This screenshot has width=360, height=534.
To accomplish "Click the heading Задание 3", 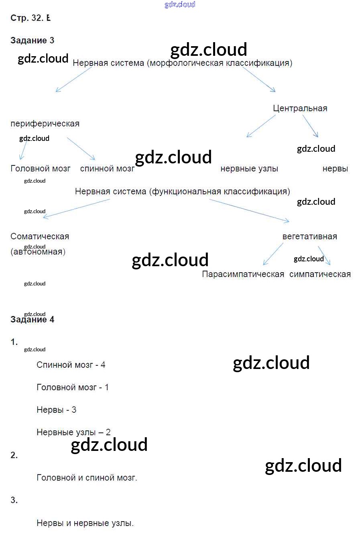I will click(32, 41).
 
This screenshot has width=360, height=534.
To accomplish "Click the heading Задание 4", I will click(32, 320).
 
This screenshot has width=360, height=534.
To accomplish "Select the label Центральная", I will click(300, 108).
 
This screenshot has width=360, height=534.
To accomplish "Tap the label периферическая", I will click(45, 124).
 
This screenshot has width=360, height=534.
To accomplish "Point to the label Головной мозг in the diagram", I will click(40, 169).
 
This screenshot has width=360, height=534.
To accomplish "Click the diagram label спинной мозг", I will click(107, 169).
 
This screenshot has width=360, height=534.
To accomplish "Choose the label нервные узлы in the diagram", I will click(249, 169).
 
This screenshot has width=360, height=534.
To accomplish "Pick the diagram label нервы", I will click(335, 169).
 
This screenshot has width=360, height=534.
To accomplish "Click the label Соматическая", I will click(40, 236).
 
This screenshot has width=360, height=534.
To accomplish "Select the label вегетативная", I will click(309, 236).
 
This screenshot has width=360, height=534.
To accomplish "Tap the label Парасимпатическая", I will click(243, 274).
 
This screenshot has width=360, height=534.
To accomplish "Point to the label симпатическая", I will click(320, 274).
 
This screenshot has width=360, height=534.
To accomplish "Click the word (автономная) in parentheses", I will click(38, 252).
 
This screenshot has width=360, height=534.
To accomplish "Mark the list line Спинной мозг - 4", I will click(71, 365).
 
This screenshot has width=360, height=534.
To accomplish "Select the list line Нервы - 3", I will click(56, 410).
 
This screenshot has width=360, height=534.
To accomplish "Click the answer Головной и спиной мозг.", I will click(87, 478).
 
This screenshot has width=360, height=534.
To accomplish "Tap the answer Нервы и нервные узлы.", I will click(85, 523).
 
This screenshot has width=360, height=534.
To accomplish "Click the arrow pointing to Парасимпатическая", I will click(273, 254).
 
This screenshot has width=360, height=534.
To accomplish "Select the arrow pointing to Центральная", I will click(258, 79).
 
